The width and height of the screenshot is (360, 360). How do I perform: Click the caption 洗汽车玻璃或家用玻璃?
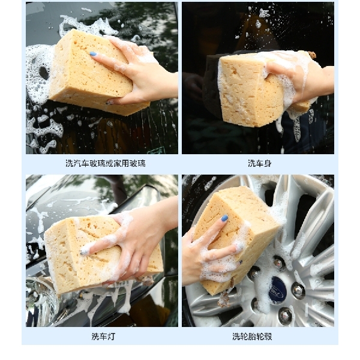[106, 163]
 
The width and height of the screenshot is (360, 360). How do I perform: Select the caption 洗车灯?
[103, 336]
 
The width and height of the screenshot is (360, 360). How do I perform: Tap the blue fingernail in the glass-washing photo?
[93, 54]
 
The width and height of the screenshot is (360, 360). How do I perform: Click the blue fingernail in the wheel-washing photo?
[224, 218]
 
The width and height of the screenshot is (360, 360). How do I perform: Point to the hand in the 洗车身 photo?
[300, 75]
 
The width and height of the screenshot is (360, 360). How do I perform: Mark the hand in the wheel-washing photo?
[207, 252]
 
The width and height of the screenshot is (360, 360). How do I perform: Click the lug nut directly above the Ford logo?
[278, 263]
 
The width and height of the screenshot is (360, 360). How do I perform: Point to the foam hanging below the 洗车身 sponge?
[294, 120]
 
